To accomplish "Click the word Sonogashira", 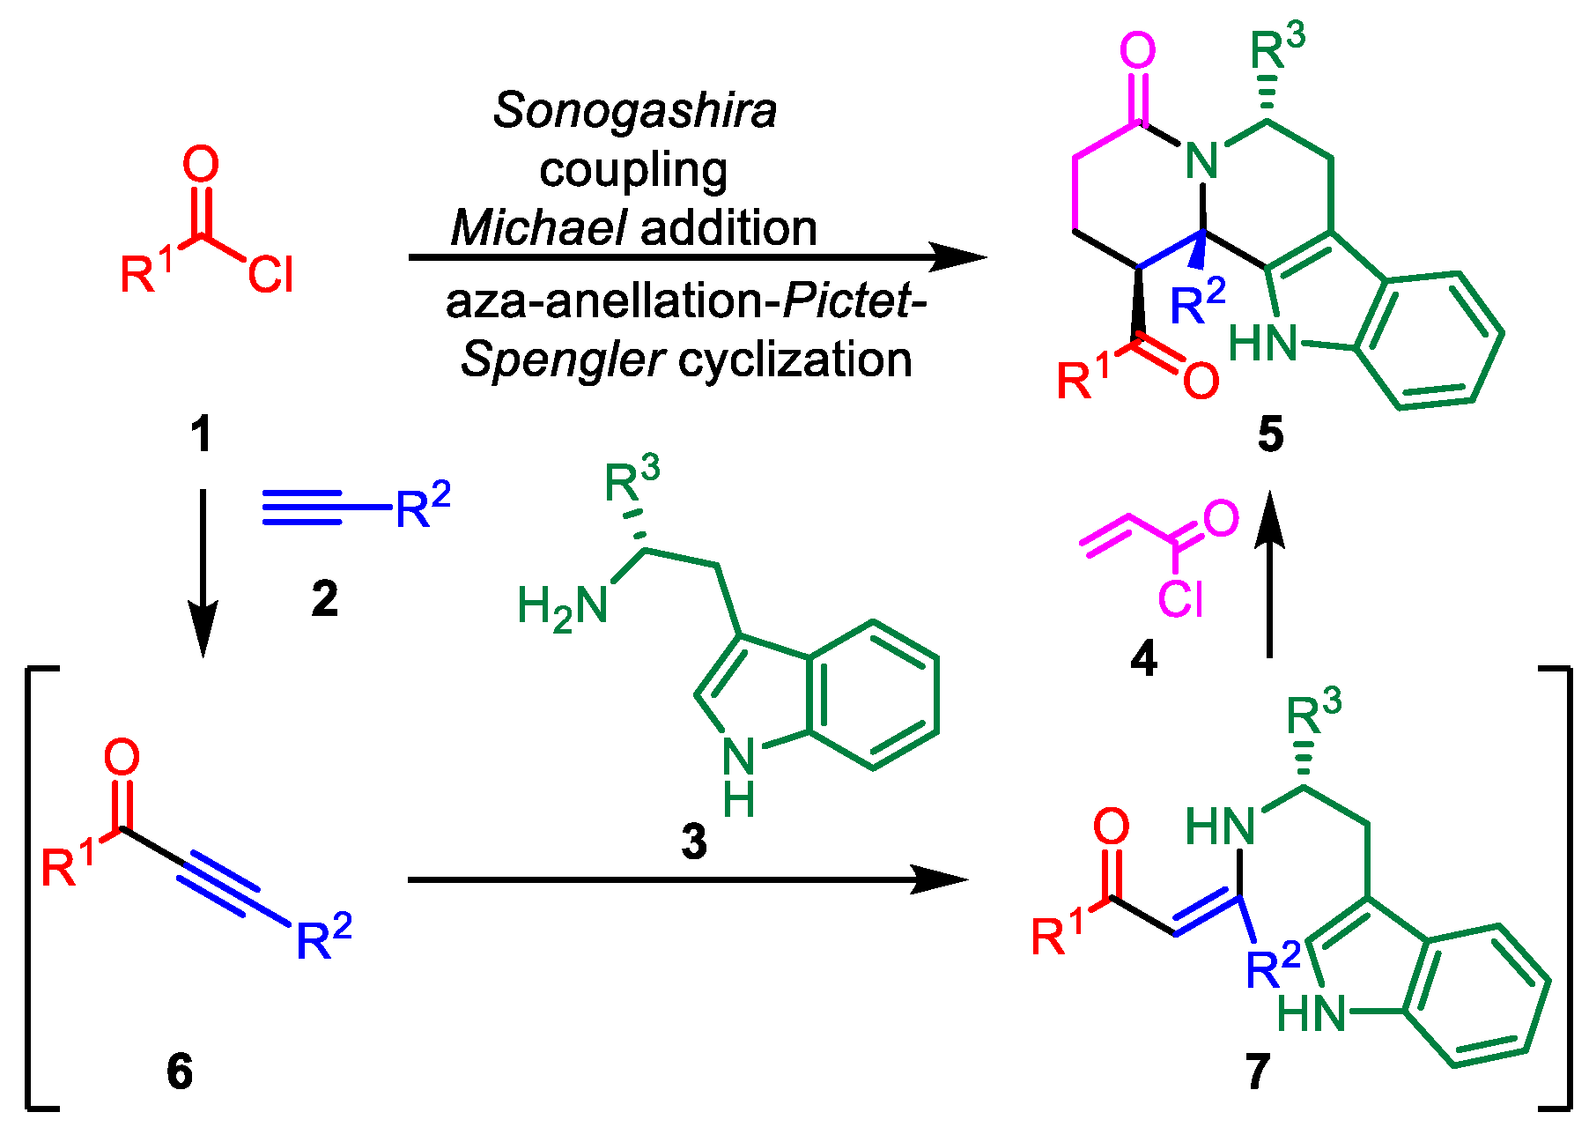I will click(634, 112).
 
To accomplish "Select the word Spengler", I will click(561, 360).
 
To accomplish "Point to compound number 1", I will click(202, 434).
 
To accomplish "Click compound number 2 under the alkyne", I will click(324, 599).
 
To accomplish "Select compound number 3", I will click(694, 842).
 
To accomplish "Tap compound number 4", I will click(1143, 658).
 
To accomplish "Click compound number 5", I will click(1270, 434).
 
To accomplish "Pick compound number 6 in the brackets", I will click(180, 1072).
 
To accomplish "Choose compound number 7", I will click(1257, 1072).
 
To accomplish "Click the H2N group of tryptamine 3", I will click(562, 608).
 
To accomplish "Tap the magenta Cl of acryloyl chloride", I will click(1180, 600).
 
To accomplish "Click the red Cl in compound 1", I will click(270, 275).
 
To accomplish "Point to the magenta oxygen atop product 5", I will click(1137, 51).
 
